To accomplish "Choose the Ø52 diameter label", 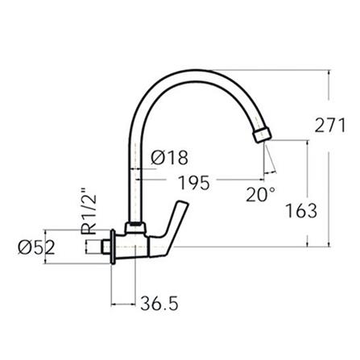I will click(x=38, y=248).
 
